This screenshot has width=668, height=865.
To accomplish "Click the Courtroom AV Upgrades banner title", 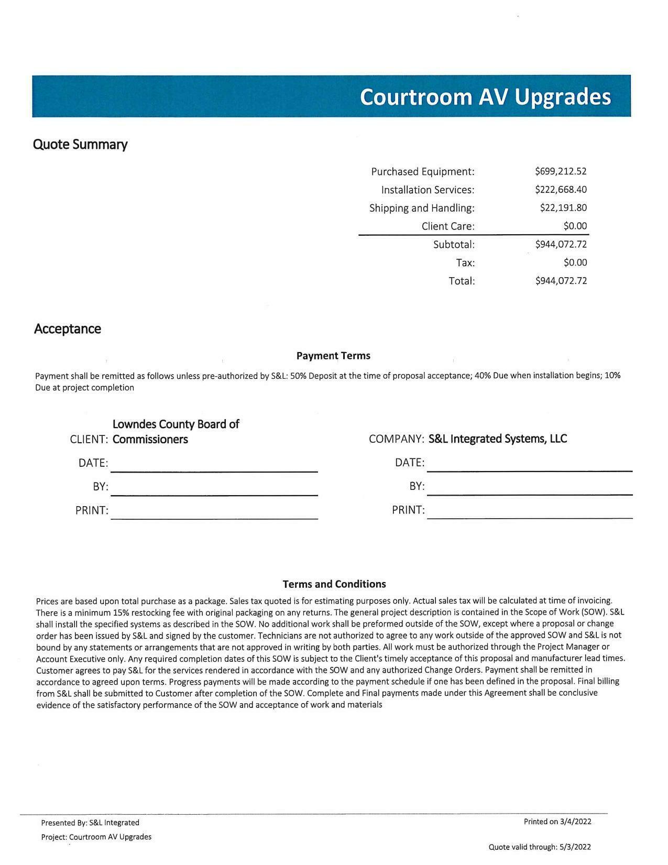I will point(485,97).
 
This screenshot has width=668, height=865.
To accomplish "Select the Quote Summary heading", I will point(80,145).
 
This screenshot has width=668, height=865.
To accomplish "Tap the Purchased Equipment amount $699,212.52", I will point(561,171).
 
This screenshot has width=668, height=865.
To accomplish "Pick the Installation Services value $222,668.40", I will point(561,190).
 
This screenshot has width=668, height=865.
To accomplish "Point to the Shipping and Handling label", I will point(422,208).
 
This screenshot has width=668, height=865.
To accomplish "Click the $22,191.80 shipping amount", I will point(563,208).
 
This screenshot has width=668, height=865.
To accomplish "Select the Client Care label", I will point(448,226).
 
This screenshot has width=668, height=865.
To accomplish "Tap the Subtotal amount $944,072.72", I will point(561,244).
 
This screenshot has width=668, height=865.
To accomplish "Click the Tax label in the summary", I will point(465,262).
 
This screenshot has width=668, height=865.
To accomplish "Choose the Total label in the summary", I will point(462,281).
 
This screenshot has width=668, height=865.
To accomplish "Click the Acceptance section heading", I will point(68,329).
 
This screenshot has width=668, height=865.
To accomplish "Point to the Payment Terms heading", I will point(333,356).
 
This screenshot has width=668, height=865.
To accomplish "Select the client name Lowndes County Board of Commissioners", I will point(176,432).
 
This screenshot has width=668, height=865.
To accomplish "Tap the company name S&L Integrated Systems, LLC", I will point(498,439).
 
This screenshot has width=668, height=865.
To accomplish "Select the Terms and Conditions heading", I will point(334,584).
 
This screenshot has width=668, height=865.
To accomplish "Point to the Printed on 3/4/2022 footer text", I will point(557,822).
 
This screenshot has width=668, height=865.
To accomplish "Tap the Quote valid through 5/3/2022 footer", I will point(540,847).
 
